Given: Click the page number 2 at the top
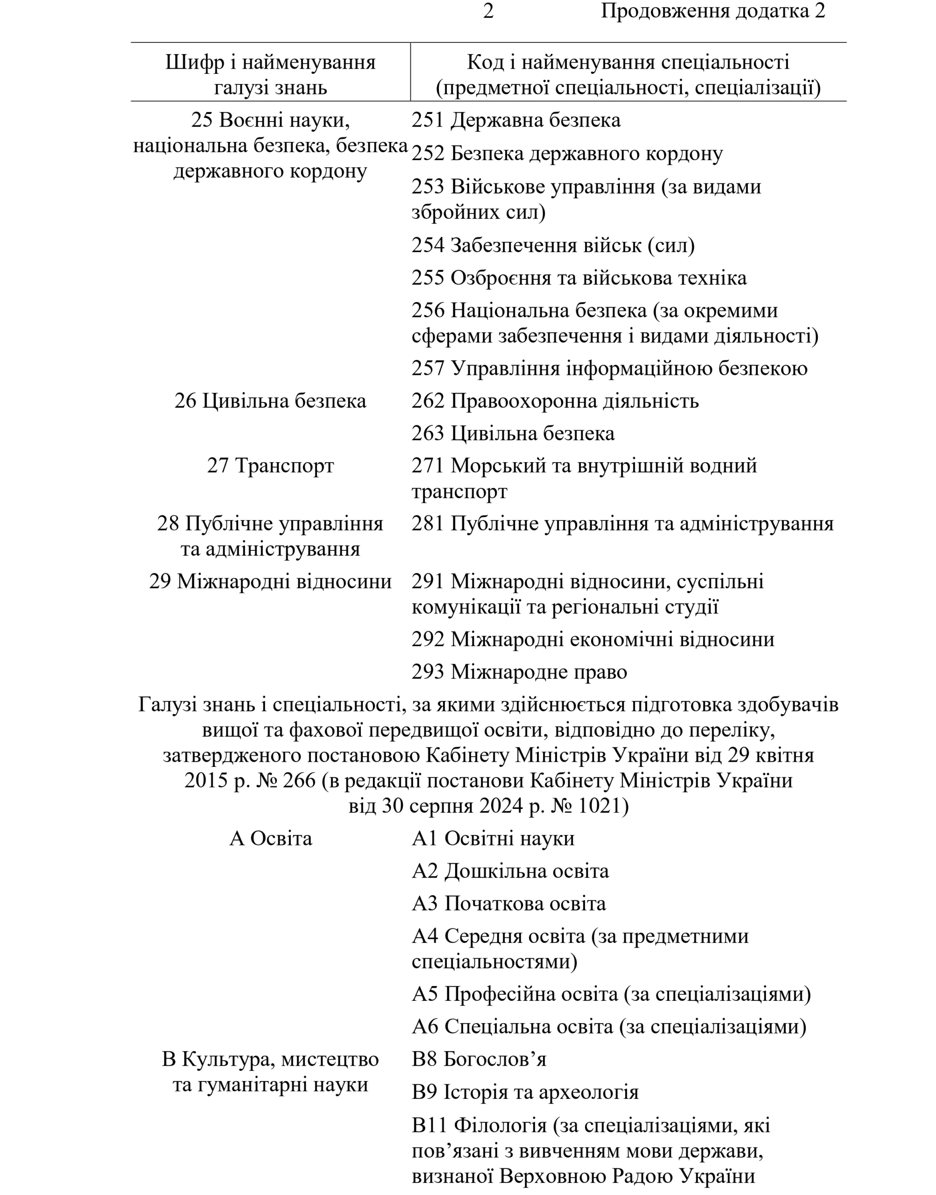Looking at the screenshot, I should pyautogui.click(x=488, y=12).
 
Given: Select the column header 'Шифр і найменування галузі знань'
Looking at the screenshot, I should pyautogui.click(x=271, y=75).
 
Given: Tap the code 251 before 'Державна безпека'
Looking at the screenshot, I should pyautogui.click(x=428, y=120).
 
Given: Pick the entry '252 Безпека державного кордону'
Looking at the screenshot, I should pyautogui.click(x=567, y=154).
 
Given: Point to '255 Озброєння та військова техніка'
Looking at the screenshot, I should pyautogui.click(x=579, y=278).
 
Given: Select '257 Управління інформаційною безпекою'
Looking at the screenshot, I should pyautogui.click(x=609, y=368).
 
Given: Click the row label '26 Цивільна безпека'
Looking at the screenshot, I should pyautogui.click(x=270, y=401).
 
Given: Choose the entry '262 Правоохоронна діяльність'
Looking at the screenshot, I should pyautogui.click(x=555, y=401).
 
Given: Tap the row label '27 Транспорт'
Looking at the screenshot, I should pyautogui.click(x=270, y=466).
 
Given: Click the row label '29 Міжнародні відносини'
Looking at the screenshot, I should pyautogui.click(x=270, y=581).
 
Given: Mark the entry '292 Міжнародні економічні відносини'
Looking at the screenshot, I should pyautogui.click(x=593, y=640).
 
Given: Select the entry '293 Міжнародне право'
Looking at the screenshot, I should pyautogui.click(x=519, y=672).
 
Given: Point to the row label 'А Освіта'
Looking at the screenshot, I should pyautogui.click(x=270, y=839).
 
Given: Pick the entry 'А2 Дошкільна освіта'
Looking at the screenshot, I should pyautogui.click(x=510, y=871).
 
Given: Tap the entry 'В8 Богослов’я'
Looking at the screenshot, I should pyautogui.click(x=479, y=1060).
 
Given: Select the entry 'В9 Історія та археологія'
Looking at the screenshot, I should pyautogui.click(x=525, y=1093).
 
